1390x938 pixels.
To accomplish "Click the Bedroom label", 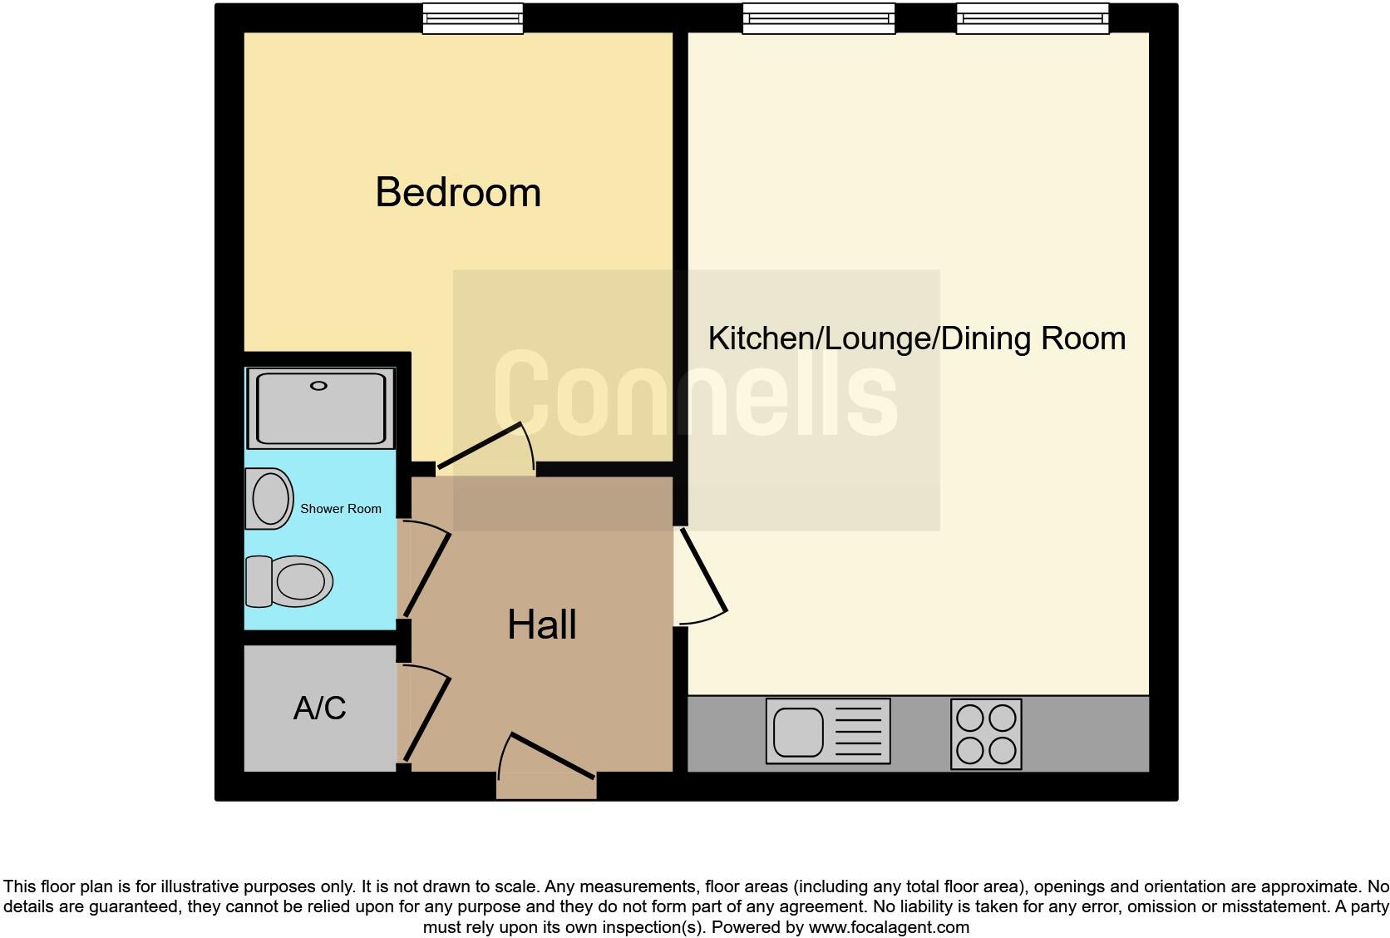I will [x=458, y=192].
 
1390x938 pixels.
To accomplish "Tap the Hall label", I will [x=542, y=625].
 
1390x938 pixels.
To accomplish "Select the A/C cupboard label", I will [x=319, y=708].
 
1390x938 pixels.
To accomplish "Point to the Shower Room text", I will [x=340, y=509].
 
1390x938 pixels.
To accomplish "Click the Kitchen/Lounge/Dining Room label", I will [x=916, y=338].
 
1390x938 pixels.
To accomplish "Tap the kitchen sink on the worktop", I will [x=827, y=731].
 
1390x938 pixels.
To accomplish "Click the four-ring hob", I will [x=986, y=733].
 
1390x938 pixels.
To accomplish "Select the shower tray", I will [x=320, y=408].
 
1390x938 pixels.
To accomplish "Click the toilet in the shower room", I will [x=290, y=580].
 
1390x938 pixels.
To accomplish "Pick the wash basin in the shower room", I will [x=269, y=499].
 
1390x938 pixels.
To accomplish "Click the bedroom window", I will [x=472, y=19].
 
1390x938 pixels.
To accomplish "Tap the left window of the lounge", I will [x=818, y=19].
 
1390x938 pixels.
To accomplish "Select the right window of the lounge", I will [x=1032, y=19].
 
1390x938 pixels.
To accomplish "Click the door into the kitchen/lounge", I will [x=703, y=571].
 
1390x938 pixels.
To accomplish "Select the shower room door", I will [x=426, y=574].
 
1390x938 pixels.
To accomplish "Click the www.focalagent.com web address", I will [x=888, y=927].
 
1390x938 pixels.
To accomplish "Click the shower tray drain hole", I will [x=319, y=386].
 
